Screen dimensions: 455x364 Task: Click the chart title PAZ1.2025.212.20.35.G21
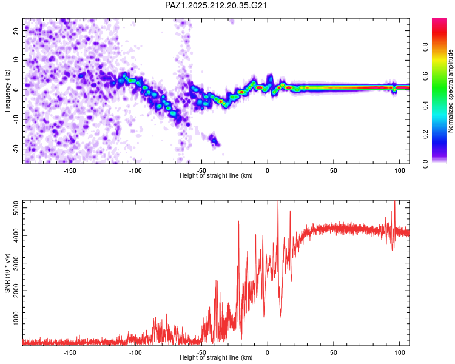[x=215, y=5]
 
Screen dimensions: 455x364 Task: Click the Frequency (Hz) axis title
[x=7, y=91]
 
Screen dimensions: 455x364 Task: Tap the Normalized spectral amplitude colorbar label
[x=450, y=91]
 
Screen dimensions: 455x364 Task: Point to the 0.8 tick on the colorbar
[x=425, y=47]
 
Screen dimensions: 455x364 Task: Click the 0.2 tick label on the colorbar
[x=425, y=135]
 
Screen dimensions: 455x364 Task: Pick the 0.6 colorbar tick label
[x=425, y=76]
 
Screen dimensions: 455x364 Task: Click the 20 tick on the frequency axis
[x=16, y=30]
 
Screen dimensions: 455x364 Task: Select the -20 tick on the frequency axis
[x=16, y=149]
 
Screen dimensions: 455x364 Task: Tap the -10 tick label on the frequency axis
[x=16, y=120]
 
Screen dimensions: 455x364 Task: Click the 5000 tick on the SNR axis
[x=16, y=208]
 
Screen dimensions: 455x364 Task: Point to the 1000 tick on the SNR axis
[x=16, y=318]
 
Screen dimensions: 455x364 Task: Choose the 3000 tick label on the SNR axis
[x=16, y=263]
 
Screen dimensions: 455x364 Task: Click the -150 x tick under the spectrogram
[x=69, y=170]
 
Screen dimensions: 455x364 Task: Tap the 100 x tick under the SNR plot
[x=400, y=352]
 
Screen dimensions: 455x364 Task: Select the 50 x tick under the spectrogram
[x=334, y=170]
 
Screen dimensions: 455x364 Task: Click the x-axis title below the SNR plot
[x=216, y=357]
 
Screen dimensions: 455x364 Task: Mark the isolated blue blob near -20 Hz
[x=214, y=141]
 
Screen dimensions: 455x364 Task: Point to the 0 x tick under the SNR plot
[x=268, y=352]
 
